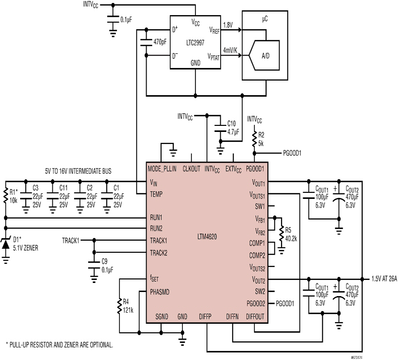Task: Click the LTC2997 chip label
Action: tap(195, 43)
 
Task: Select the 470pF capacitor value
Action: tap(160, 42)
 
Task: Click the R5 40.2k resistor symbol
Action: tap(282, 233)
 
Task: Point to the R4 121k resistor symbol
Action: tap(119, 306)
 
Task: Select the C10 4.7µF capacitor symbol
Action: tap(220, 128)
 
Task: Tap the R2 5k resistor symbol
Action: tap(254, 139)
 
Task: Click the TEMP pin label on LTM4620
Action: tap(156, 194)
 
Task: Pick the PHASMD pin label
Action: tap(160, 292)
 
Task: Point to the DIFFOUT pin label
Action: tap(255, 317)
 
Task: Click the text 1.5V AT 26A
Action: tap(384, 279)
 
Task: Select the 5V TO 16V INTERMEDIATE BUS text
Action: tap(78, 171)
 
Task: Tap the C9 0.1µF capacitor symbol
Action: tap(94, 265)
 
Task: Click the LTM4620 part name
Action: tap(207, 237)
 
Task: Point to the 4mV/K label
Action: tap(230, 50)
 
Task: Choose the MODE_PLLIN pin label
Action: tap(162, 169)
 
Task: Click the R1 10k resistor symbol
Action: tap(6, 196)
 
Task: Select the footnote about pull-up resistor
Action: tap(59, 344)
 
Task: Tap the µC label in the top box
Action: tap(265, 19)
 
